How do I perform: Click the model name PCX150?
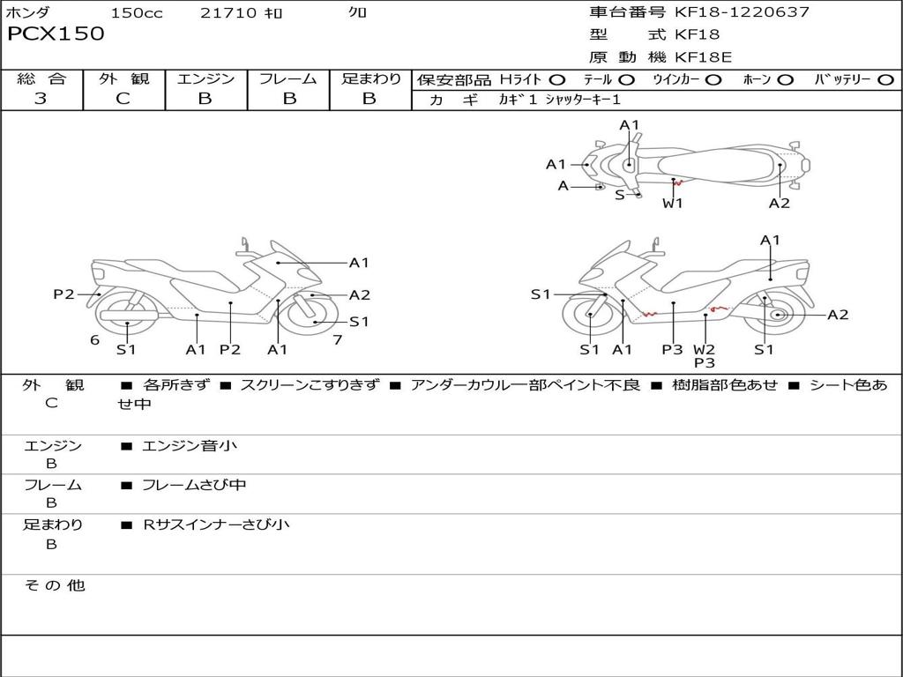(56, 34)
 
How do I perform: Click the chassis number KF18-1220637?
(742, 12)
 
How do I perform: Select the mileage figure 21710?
(228, 13)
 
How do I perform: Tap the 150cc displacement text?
(137, 13)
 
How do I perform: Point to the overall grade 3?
(41, 99)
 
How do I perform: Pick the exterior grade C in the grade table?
(123, 99)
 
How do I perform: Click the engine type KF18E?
(704, 58)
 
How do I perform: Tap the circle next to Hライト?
(556, 80)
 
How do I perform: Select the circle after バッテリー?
(885, 80)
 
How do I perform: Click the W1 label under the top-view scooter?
(673, 203)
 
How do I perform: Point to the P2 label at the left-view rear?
(63, 294)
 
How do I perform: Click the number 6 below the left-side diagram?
(94, 340)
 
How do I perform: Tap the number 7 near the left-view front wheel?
(337, 340)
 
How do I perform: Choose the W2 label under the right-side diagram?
(704, 349)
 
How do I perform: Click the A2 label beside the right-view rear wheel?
(837, 315)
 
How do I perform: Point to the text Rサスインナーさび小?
(216, 524)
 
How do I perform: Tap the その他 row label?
(54, 585)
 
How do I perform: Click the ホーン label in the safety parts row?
(756, 80)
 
